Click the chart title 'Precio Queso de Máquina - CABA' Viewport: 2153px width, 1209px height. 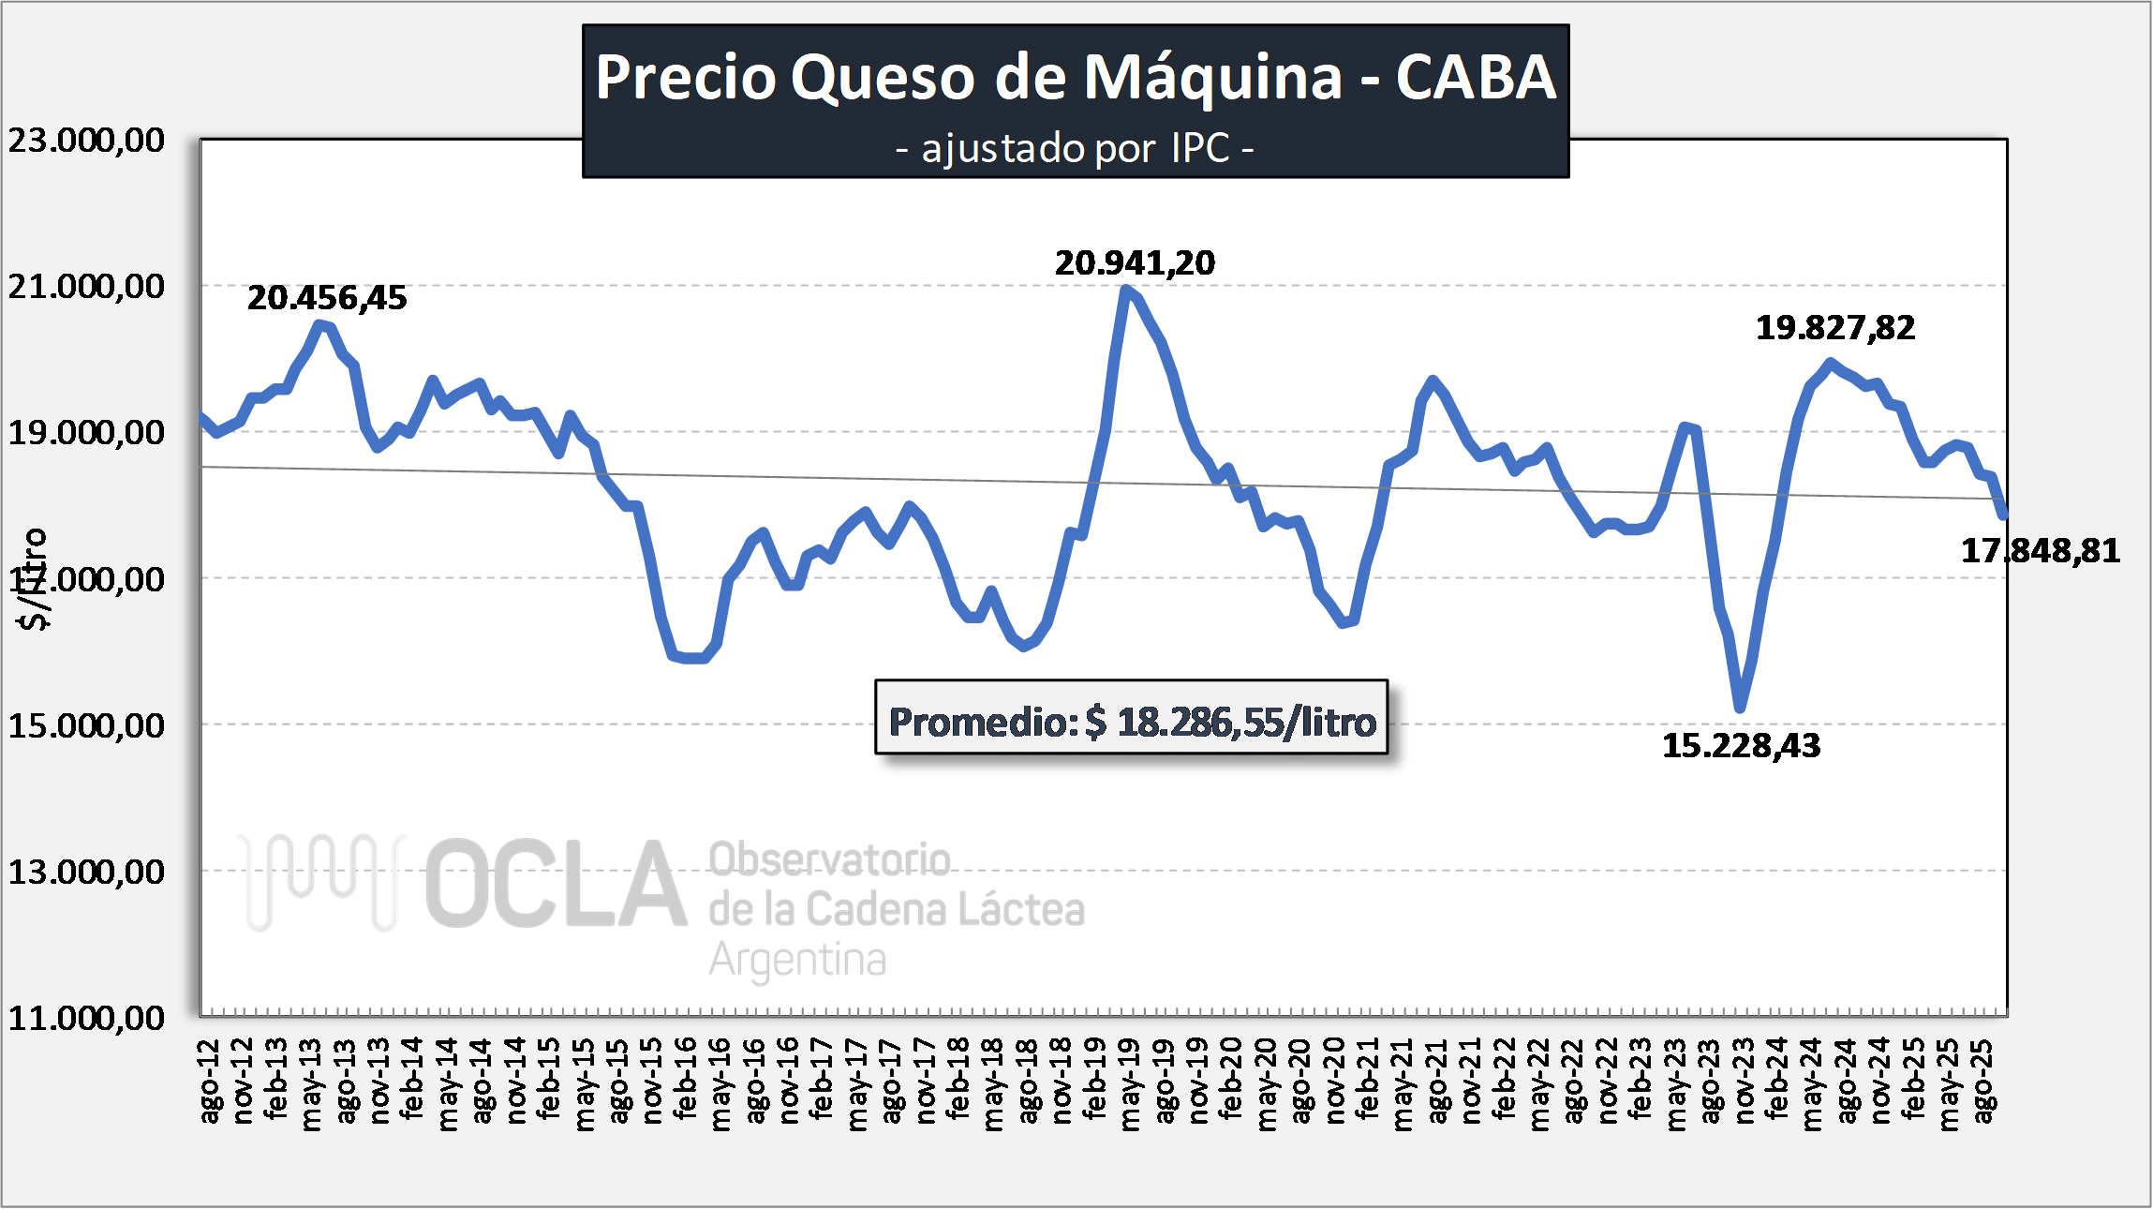1075,77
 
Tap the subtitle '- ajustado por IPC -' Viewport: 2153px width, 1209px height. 1075,149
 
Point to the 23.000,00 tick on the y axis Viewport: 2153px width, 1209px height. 86,141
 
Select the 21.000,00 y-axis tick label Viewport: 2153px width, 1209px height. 86,287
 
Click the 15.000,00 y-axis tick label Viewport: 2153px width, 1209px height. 86,725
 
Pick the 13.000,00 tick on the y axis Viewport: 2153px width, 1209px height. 86,873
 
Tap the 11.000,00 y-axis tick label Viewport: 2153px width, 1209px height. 86,1019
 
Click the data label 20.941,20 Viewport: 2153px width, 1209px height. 1135,263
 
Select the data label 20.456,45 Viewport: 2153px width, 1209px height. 327,298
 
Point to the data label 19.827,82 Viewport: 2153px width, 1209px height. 1834,328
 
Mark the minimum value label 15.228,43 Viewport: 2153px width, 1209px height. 1741,746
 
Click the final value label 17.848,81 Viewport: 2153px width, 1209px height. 2040,551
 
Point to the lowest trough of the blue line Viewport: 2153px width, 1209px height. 1741,708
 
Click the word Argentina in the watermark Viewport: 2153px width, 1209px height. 797,960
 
